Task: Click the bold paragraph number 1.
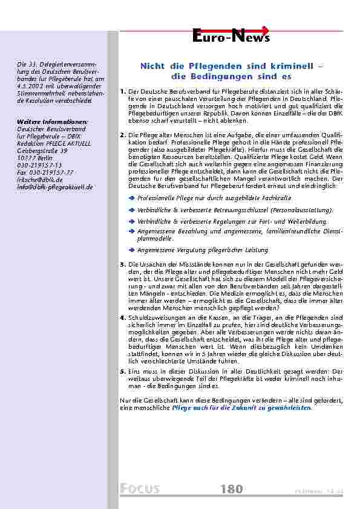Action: tap(122, 91)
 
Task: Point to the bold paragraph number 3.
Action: tap(122, 264)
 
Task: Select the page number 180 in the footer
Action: tap(231, 488)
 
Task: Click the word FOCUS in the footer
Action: tap(140, 488)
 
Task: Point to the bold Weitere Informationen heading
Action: tap(51, 122)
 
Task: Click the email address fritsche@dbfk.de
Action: tap(40, 180)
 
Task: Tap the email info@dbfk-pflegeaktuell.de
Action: tap(55, 187)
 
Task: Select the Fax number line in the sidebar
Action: tap(45, 172)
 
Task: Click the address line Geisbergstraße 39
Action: tap(42, 151)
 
